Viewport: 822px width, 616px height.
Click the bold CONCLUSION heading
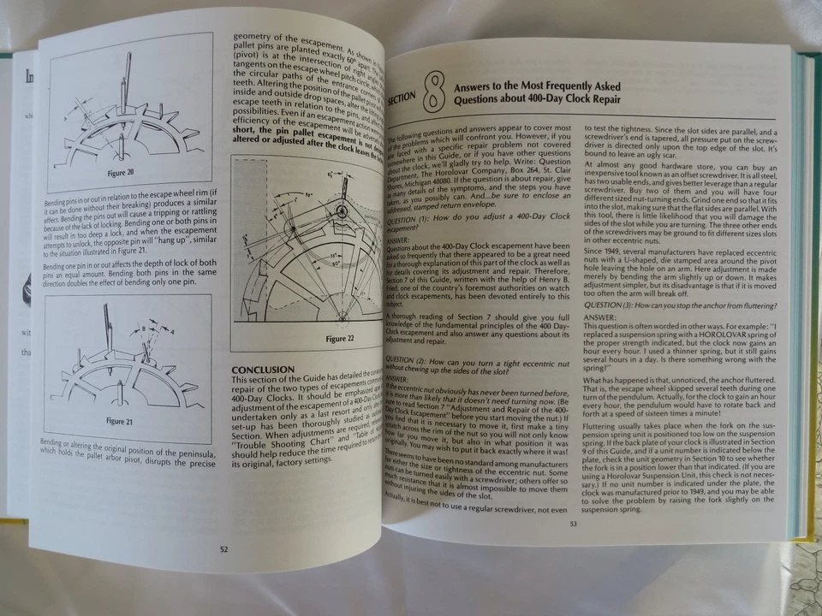click(x=264, y=370)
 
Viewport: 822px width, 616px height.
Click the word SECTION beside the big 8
click(x=402, y=99)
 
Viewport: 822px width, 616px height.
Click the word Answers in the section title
click(x=475, y=86)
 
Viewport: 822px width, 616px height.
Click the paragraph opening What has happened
click(x=618, y=379)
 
